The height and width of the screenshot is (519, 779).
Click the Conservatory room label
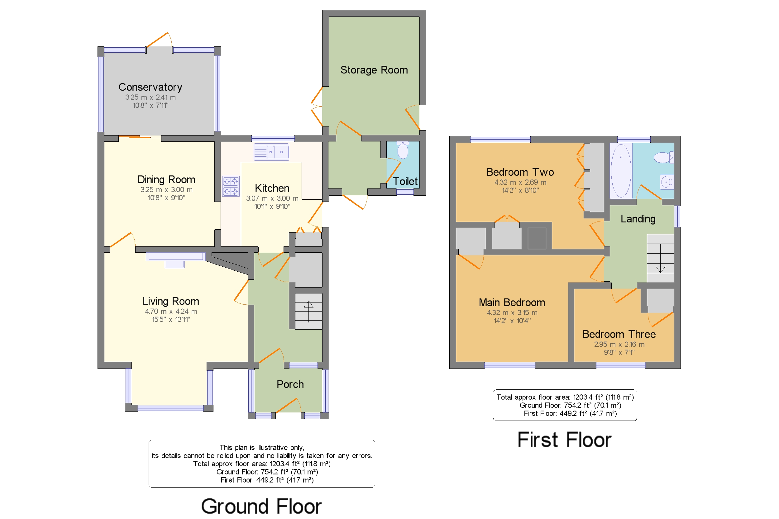(150, 87)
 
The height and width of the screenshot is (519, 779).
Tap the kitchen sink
(271, 152)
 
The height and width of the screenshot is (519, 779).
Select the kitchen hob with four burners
(231, 186)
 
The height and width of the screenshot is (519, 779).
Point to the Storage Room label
(374, 70)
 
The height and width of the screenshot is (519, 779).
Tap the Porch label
(290, 384)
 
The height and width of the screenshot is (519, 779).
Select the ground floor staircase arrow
(308, 311)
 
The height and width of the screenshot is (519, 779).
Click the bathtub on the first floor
(621, 171)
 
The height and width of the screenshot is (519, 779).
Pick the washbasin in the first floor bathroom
(667, 182)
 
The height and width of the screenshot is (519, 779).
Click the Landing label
(638, 219)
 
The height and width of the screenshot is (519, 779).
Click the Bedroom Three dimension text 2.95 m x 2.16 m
(619, 344)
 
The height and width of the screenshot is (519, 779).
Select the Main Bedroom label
(512, 302)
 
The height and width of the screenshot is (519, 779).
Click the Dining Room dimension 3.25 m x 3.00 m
(166, 190)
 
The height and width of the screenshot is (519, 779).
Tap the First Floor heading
(565, 440)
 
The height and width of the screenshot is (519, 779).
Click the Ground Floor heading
(261, 507)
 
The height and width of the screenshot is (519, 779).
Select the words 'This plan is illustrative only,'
(261, 447)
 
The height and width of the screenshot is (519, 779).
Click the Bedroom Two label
(520, 172)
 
